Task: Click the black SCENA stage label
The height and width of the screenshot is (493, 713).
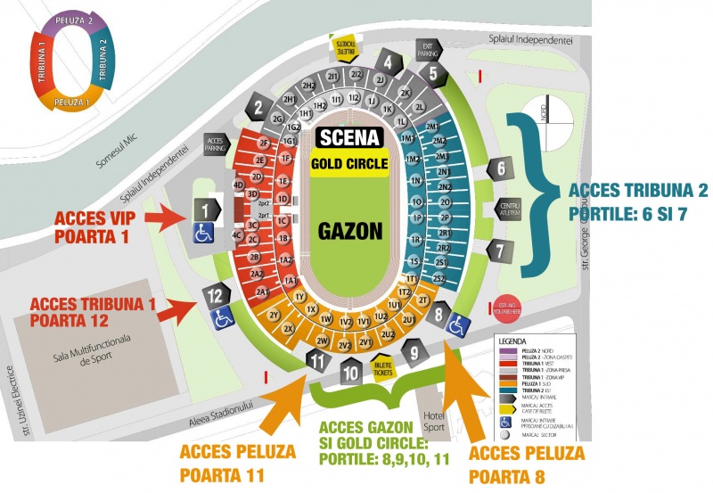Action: click(350, 138)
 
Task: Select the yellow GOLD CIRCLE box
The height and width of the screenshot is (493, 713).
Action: click(349, 164)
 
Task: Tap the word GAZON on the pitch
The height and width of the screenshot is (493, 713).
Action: click(349, 231)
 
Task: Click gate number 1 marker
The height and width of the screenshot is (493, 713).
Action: click(206, 210)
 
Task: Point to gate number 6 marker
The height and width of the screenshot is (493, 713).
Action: click(502, 168)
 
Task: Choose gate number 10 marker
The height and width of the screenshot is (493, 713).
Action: click(352, 370)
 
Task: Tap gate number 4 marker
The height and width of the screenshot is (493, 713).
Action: click(388, 62)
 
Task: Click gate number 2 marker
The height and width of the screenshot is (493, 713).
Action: click(258, 109)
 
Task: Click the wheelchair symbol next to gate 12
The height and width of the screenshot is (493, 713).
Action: click(222, 314)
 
